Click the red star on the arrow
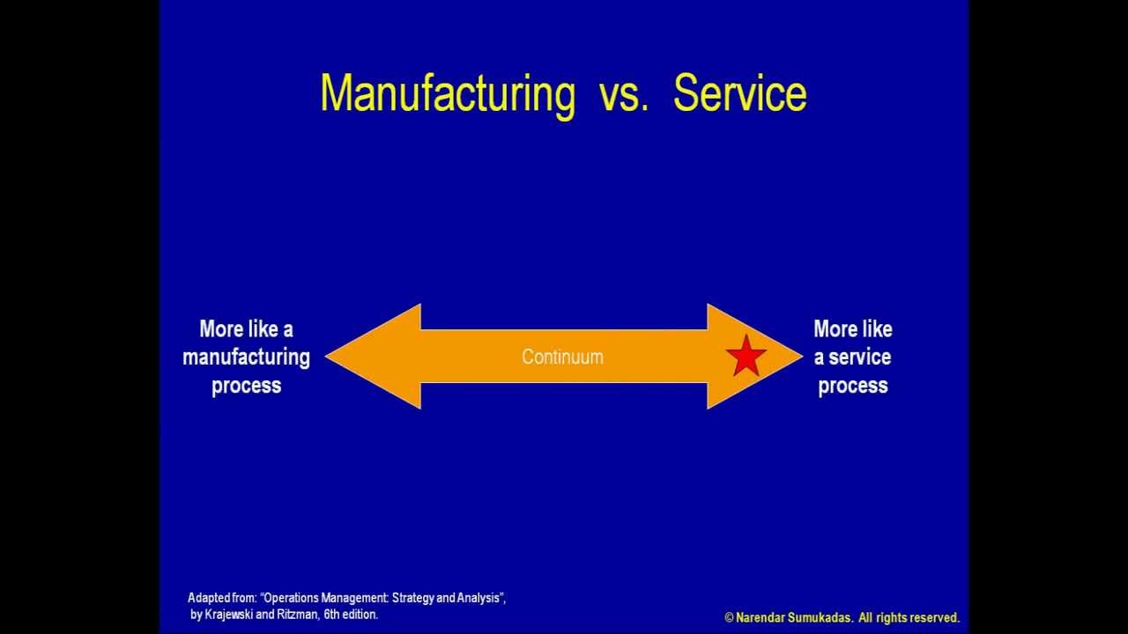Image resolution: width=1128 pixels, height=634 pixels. [x=746, y=356]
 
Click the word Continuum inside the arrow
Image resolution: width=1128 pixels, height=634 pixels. [x=562, y=357]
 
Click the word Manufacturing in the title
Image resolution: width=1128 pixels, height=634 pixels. [x=447, y=93]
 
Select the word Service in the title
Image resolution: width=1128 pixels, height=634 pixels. [x=739, y=93]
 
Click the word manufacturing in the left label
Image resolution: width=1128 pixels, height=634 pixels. [x=246, y=358]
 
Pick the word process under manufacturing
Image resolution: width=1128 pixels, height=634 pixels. [x=246, y=386]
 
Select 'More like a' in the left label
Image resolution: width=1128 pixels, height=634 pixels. [x=246, y=329]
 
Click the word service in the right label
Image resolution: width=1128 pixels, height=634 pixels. [x=859, y=358]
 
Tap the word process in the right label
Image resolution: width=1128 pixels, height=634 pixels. [x=852, y=386]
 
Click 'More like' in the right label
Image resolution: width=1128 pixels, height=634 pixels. [x=852, y=329]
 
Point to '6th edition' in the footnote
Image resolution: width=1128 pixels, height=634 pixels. [x=351, y=615]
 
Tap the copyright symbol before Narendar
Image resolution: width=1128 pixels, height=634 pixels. [x=729, y=618]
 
